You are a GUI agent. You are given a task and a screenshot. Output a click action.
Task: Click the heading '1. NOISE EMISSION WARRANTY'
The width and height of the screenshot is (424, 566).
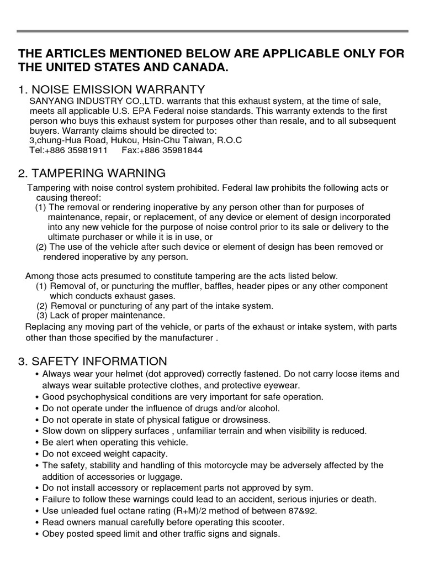point(112,90)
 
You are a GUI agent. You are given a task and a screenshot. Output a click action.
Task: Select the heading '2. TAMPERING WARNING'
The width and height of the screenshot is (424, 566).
point(92,174)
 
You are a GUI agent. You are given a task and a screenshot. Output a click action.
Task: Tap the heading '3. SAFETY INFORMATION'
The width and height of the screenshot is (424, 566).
point(93,361)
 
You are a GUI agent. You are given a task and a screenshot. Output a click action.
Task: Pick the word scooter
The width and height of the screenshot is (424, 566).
point(269,522)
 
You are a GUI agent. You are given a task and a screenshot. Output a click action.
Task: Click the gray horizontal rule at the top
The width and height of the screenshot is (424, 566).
point(212,31)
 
